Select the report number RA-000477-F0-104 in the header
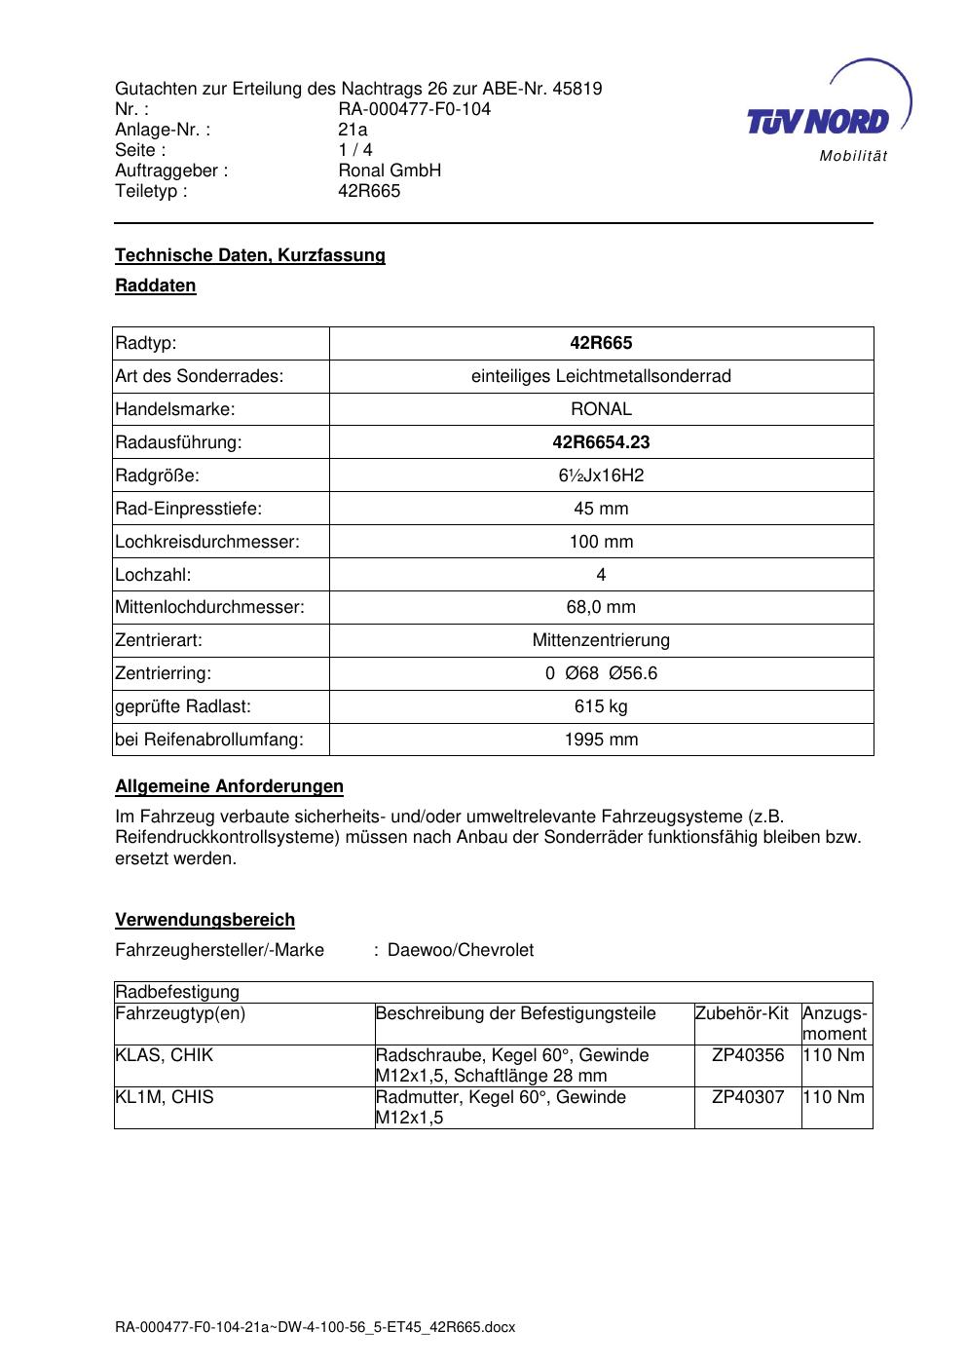coord(414,109)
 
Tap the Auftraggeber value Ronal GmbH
coord(390,171)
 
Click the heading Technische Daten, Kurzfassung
coord(250,255)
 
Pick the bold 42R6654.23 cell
coord(601,442)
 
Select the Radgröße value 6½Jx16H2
coord(601,475)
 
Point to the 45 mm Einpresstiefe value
coord(601,509)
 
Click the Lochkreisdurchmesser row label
coord(207,542)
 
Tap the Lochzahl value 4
coord(601,575)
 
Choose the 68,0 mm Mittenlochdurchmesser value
coord(601,607)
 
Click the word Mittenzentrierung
coord(601,640)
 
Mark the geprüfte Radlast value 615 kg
coord(601,706)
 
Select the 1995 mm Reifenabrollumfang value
coord(601,740)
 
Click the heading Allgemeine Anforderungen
coord(229,786)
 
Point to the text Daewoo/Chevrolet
coord(461,950)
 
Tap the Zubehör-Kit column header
coord(742,1013)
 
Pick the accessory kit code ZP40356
coord(748,1055)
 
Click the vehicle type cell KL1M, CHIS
coord(165,1097)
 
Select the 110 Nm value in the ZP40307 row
coord(836,1097)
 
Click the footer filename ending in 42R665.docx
coord(315,1327)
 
